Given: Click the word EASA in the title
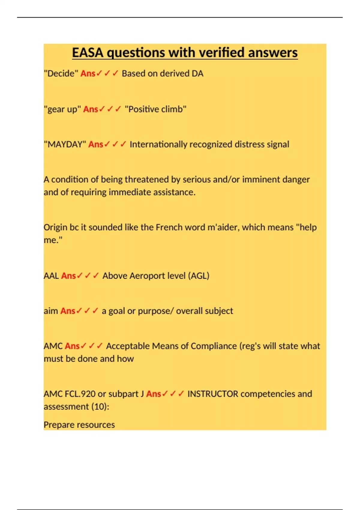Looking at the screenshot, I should click(88, 52).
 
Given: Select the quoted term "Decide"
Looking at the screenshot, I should click(61, 73).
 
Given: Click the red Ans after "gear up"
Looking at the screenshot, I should click(91, 109).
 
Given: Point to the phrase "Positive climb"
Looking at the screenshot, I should click(155, 109).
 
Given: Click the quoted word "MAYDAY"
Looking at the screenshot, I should click(65, 144).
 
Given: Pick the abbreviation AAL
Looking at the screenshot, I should click(51, 276).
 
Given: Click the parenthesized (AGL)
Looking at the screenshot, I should click(199, 276).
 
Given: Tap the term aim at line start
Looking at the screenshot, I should click(51, 311).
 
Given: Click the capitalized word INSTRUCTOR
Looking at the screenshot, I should click(213, 394).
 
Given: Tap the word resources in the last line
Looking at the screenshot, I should click(96, 425).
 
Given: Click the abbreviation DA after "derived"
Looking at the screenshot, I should click(197, 73).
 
